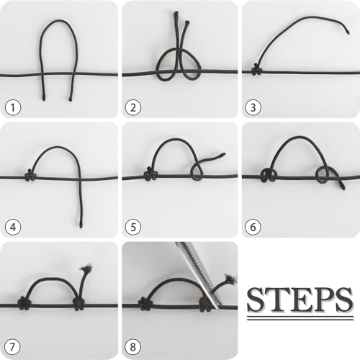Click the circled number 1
pos(13,107)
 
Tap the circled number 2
pos(133,107)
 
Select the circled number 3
pos(253,107)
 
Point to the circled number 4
pos(13,227)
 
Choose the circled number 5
pos(133,227)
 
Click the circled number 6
pos(253,227)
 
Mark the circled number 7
pos(12,347)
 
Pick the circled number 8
pos(133,347)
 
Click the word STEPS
pos(300,300)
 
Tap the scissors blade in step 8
pos(199,274)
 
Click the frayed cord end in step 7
pos(87,267)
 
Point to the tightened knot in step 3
pos(257,70)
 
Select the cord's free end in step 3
pos(347,31)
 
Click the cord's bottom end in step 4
pos(81,225)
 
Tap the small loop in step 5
pos(197,171)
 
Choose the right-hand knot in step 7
pos(78,304)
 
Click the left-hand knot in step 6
pos(269,175)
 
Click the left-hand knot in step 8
pos(144,304)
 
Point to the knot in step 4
pos(30,175)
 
